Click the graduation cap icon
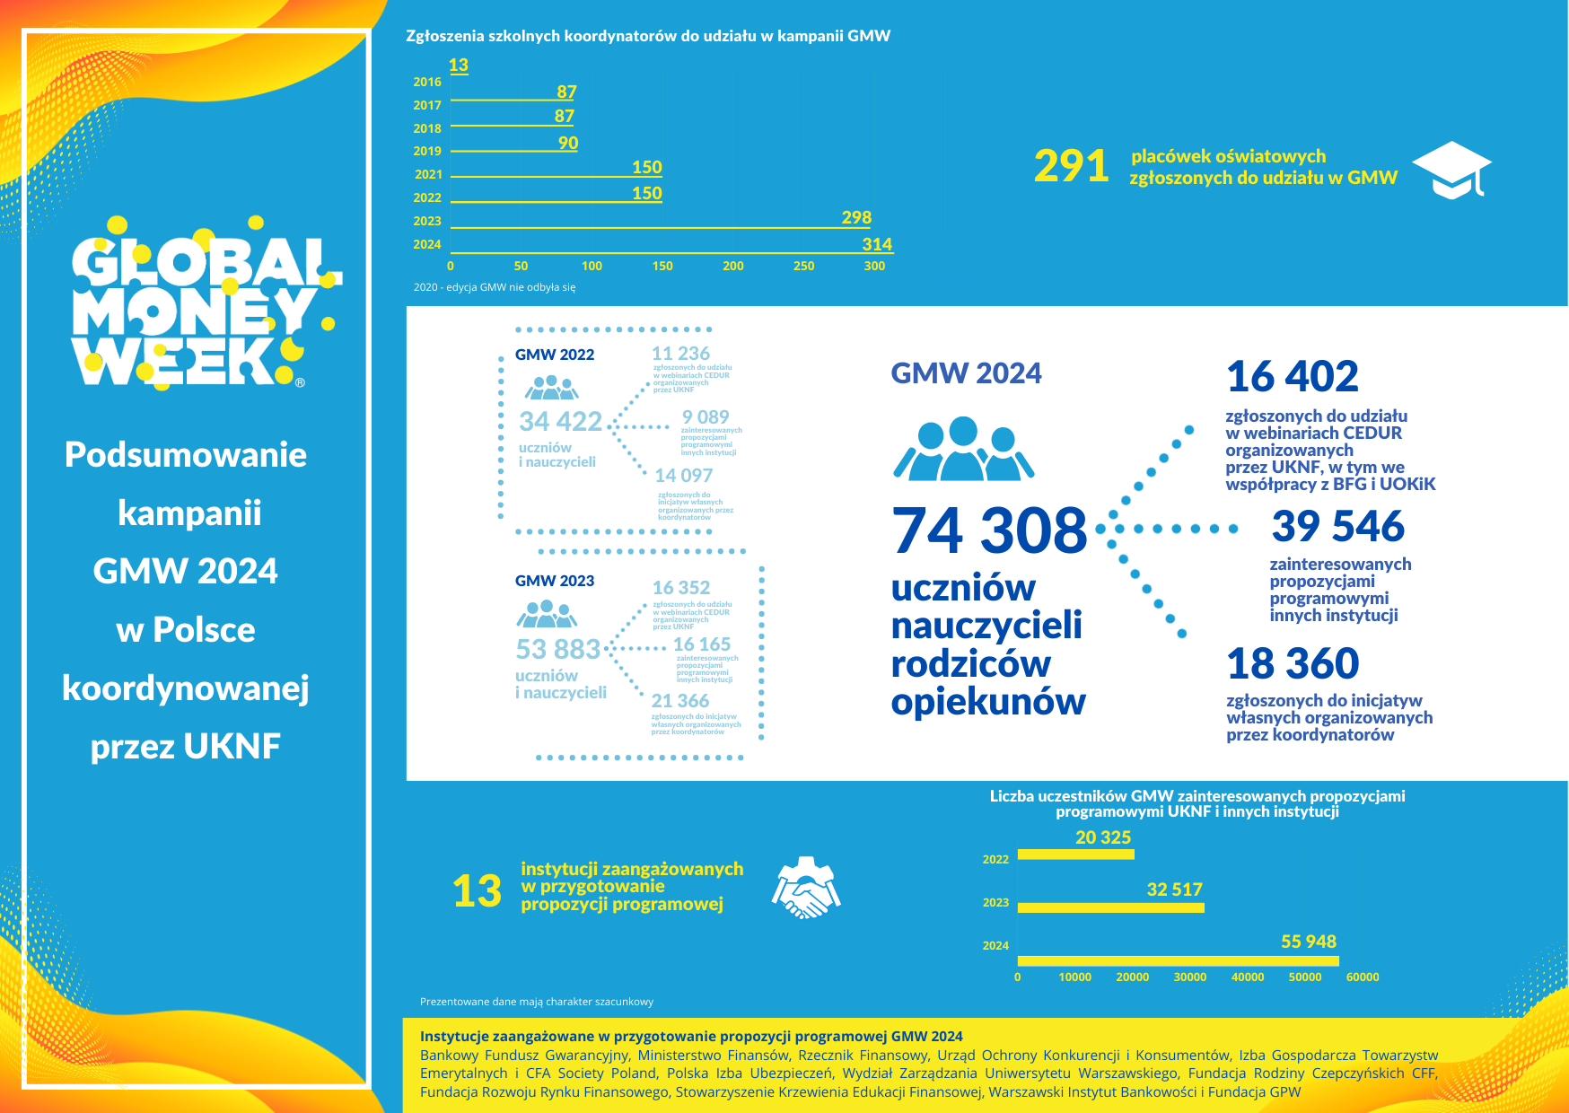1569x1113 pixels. click(1451, 170)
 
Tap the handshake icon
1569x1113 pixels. click(805, 888)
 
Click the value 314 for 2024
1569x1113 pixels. click(877, 244)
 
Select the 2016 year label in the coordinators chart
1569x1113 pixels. click(427, 82)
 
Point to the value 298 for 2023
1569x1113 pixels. click(856, 217)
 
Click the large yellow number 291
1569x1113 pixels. click(1071, 166)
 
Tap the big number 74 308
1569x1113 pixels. click(989, 530)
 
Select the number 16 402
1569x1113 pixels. click(1292, 376)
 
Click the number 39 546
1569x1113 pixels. click(1337, 526)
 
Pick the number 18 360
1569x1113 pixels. click(1293, 664)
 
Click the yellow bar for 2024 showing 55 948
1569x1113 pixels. click(1178, 960)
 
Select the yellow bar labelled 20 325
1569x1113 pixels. click(1075, 854)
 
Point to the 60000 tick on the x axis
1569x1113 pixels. click(1362, 977)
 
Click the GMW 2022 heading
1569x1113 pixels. click(555, 355)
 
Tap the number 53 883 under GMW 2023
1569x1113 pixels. click(558, 648)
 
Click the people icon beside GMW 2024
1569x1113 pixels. click(963, 449)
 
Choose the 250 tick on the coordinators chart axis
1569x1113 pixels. click(803, 266)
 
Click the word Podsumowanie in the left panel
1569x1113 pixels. click(186, 454)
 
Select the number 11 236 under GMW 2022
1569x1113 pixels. click(680, 354)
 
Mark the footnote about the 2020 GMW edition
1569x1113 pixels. click(495, 287)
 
